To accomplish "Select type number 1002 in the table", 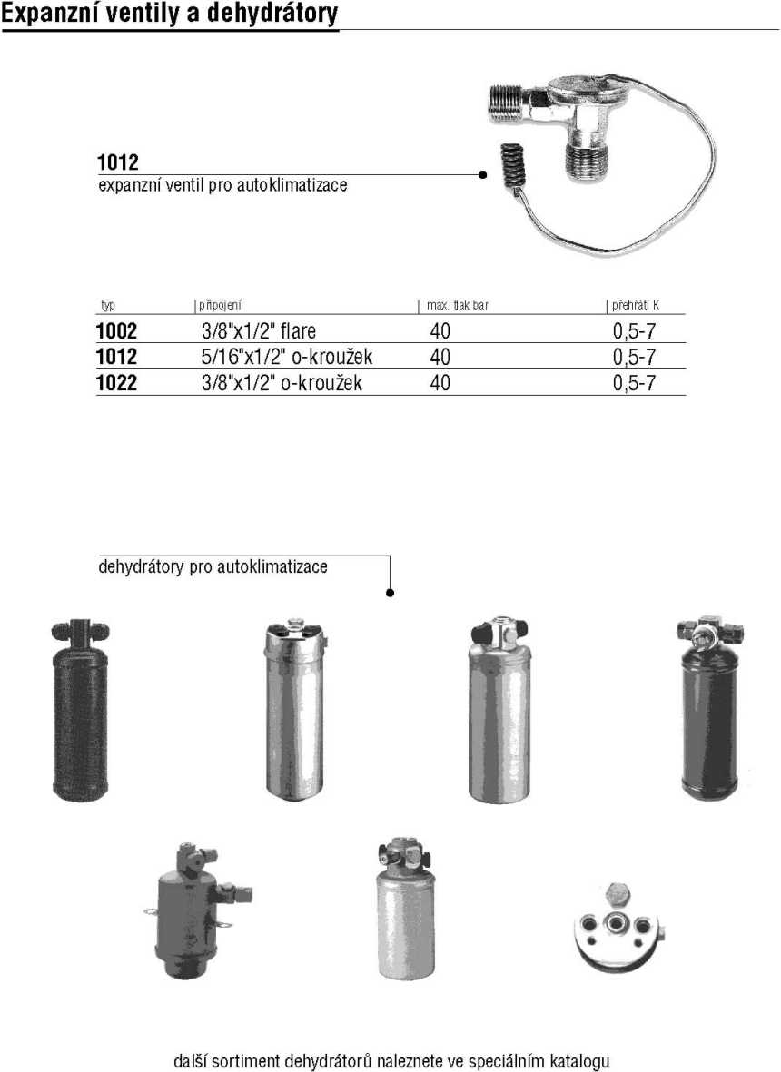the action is [x=116, y=331].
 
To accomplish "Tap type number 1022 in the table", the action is [x=116, y=382].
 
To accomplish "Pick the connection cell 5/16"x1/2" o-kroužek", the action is [x=287, y=357].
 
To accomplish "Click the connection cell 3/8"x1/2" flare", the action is [x=259, y=331].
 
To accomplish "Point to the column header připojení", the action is [x=220, y=305].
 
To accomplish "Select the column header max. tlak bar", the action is [x=458, y=305].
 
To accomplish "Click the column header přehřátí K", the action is [x=636, y=305].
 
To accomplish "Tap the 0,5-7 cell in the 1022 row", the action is [x=634, y=383].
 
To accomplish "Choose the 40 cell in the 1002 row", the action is [x=440, y=331].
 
